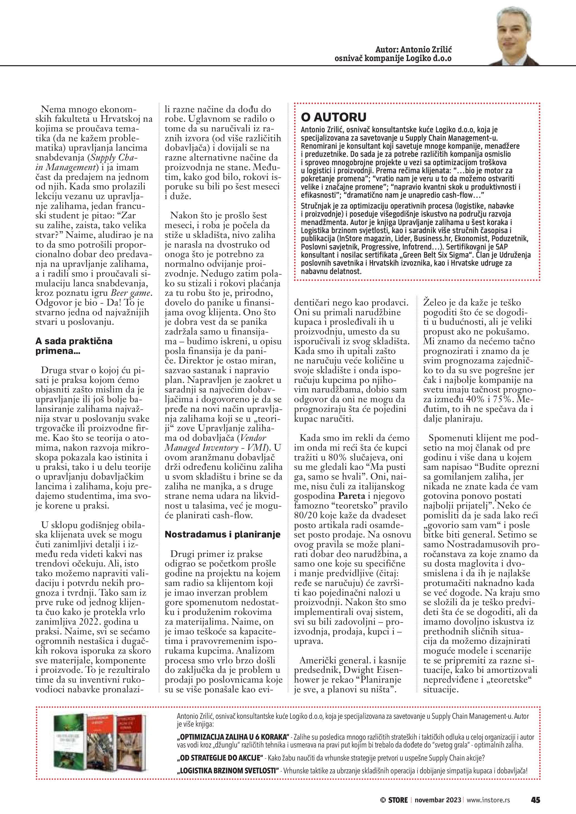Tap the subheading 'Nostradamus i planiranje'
tap(222, 534)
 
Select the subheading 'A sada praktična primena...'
tap(74, 346)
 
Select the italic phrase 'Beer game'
tap(131, 293)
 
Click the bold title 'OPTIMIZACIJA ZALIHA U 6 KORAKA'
tap(233, 737)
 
